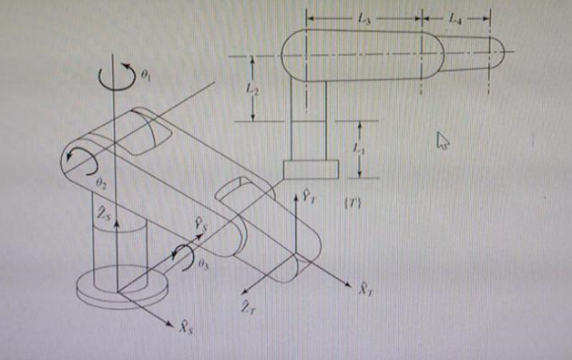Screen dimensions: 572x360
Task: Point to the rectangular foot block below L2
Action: click(310, 170)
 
